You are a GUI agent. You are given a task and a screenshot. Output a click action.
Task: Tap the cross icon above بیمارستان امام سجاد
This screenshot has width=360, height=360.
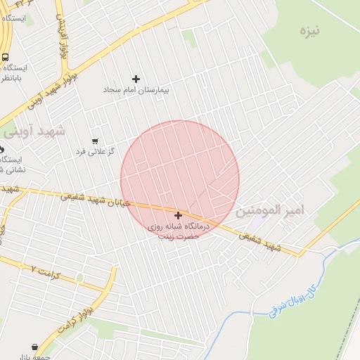click(136, 79)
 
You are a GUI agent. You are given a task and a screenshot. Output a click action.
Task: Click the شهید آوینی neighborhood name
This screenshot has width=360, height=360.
click(34, 131)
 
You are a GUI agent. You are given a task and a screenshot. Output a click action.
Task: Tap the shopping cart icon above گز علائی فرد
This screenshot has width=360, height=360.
click(95, 141)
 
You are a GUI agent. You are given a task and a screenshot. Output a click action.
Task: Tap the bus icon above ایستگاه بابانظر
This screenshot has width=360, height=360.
click(6, 58)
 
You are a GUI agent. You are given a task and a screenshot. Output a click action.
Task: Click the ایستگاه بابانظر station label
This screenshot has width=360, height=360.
click(13, 73)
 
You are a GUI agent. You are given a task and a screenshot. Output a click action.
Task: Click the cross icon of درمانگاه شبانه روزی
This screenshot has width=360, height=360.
click(178, 215)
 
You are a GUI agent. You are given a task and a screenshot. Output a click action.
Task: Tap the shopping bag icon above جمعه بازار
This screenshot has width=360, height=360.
click(34, 347)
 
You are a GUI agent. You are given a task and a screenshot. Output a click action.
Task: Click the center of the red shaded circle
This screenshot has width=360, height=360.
click(179, 179)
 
